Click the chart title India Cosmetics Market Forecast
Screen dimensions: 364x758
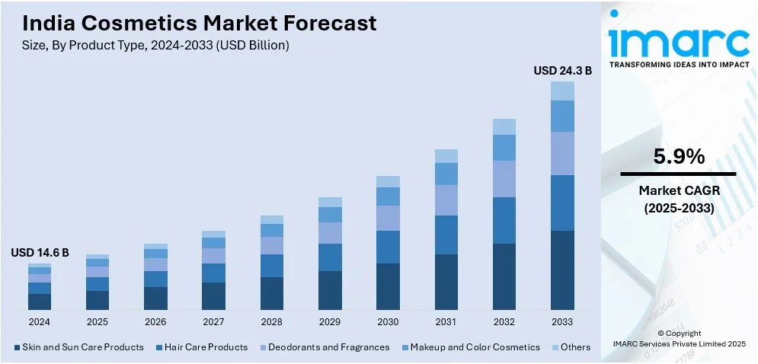point(194,23)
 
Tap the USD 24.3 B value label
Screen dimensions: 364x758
point(562,70)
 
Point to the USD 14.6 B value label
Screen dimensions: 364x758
point(40,253)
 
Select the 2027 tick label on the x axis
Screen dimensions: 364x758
point(213,322)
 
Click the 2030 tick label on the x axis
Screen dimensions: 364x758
point(388,322)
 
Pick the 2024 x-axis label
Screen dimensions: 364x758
point(40,322)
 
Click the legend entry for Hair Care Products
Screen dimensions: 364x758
point(201,347)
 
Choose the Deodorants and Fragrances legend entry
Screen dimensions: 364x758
point(325,347)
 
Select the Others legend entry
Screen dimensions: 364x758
point(571,347)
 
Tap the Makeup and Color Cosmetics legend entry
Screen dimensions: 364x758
point(469,347)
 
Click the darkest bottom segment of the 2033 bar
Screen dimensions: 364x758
point(562,270)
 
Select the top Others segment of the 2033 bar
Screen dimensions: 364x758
point(562,91)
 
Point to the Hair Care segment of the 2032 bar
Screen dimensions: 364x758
point(504,220)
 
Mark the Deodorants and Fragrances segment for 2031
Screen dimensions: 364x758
point(446,200)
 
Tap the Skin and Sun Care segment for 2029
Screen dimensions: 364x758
point(330,290)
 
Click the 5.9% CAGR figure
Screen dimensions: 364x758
point(679,157)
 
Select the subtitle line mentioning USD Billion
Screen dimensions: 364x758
point(151,46)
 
